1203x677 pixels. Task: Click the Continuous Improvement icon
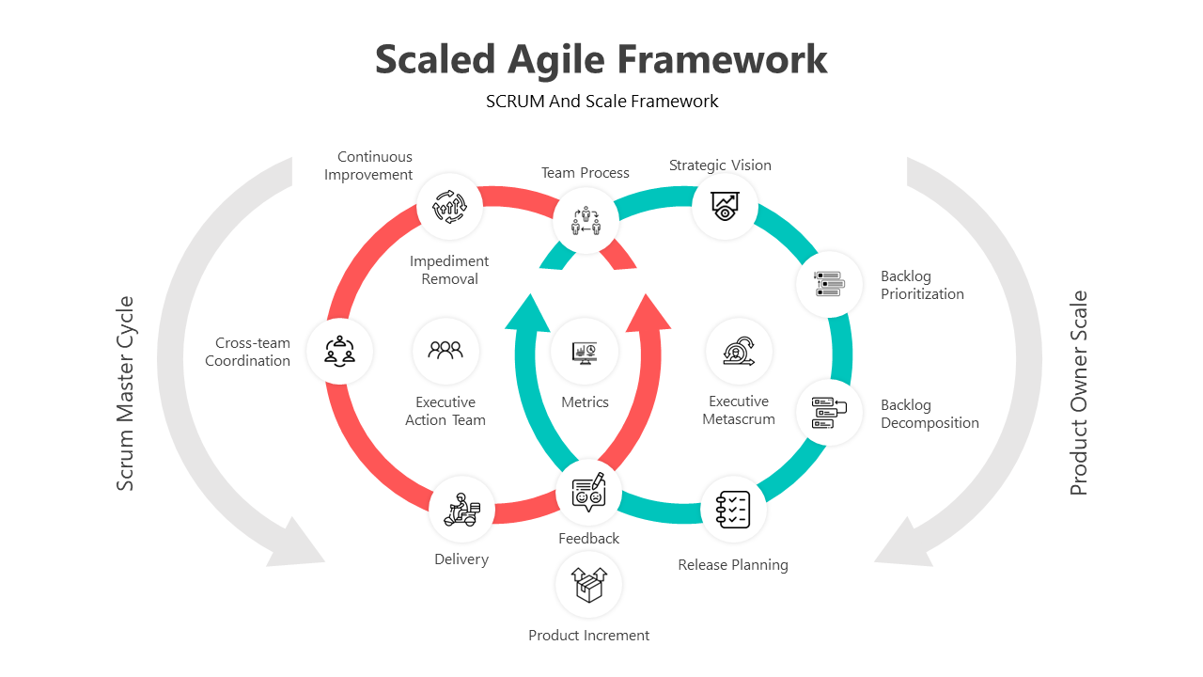[x=449, y=206]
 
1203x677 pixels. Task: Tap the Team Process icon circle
[x=586, y=221]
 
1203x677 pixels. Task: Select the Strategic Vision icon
[x=725, y=206]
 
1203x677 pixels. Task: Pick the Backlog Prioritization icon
[x=829, y=284]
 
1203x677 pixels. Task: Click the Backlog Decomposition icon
[x=829, y=413]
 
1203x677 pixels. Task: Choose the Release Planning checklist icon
[x=733, y=510]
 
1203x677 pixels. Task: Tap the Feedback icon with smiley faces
[x=588, y=492]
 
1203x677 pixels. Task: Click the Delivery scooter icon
[x=461, y=510]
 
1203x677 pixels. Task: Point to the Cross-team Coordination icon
[x=339, y=352]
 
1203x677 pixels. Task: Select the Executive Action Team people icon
[x=445, y=350]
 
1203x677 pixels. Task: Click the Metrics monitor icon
[x=585, y=353]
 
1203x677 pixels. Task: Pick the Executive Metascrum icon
[x=739, y=352]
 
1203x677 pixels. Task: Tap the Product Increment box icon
[x=588, y=585]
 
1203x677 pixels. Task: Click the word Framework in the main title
[x=722, y=59]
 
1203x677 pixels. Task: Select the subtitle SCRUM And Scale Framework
[x=602, y=101]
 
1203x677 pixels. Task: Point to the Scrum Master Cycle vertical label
[x=125, y=393]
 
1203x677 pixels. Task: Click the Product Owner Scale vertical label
[x=1078, y=393]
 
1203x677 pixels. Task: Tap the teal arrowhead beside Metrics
[x=528, y=314]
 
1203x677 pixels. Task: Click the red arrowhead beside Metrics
[x=648, y=313]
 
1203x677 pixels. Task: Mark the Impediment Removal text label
[x=449, y=270]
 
